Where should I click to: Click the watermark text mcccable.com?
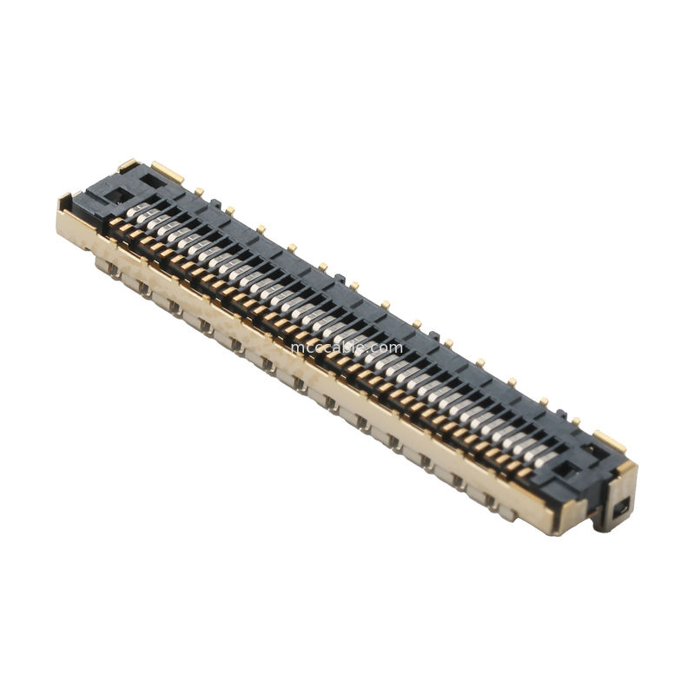click(347, 347)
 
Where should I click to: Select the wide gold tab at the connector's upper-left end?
click(167, 172)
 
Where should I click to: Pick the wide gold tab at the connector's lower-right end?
click(609, 442)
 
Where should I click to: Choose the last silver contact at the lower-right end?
click(546, 460)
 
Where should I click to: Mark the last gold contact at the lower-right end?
click(525, 473)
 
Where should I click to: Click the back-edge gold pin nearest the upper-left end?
click(198, 190)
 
